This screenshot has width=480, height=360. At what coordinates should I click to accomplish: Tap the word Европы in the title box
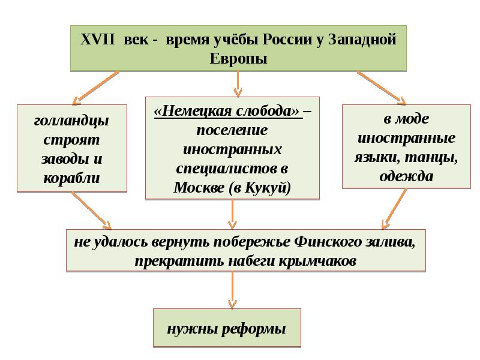click(238, 59)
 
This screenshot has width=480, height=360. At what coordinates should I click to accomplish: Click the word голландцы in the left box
click(72, 120)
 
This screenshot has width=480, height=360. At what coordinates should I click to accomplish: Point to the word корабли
click(72, 178)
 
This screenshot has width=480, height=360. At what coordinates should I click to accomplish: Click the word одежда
click(406, 176)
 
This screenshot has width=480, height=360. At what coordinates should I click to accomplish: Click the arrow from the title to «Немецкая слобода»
click(238, 83)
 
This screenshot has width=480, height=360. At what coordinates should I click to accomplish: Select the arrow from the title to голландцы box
click(96, 87)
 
